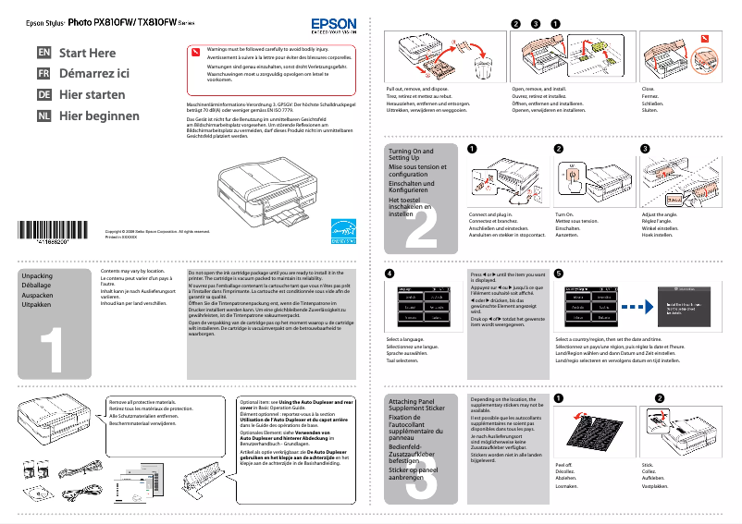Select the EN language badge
[43, 53]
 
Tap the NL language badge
[43, 116]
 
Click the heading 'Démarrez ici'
[94, 74]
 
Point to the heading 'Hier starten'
[93, 95]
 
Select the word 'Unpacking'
[37, 276]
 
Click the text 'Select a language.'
[405, 340]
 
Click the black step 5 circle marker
[559, 274]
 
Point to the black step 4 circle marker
[390, 274]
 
